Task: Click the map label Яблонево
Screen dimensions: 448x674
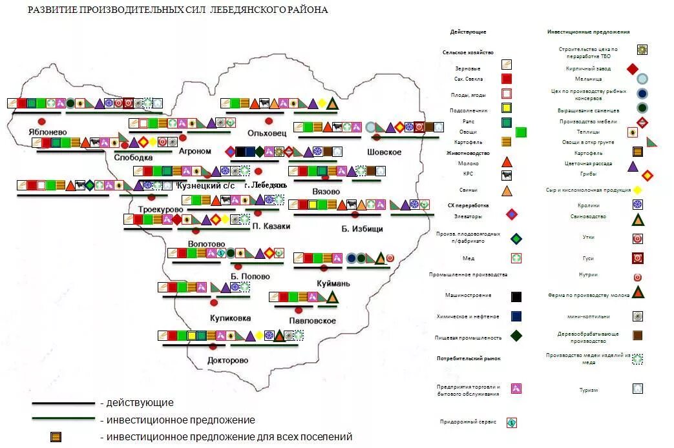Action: click(x=48, y=132)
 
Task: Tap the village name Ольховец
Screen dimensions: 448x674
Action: click(x=266, y=132)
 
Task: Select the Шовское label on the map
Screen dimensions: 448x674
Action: click(x=384, y=152)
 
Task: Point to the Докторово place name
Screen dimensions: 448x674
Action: click(x=227, y=360)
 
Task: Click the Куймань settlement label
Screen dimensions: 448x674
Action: click(x=333, y=283)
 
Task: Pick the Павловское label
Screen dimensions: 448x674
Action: click(x=313, y=320)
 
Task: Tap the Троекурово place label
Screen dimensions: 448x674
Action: click(x=160, y=210)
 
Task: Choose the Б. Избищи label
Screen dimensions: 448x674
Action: click(x=363, y=229)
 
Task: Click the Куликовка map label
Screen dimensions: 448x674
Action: click(x=230, y=318)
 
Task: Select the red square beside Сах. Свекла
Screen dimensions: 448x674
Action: click(x=507, y=79)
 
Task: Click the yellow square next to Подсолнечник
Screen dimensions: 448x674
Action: click(x=507, y=108)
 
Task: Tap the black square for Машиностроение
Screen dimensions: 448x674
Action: click(x=516, y=297)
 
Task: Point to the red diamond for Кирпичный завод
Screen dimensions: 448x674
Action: click(x=633, y=68)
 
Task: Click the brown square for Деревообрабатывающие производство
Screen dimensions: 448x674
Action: click(x=638, y=335)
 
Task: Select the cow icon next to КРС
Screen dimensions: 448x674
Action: click(x=507, y=174)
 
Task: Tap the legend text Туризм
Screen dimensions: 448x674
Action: click(x=588, y=390)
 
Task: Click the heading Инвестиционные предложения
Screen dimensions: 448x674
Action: click(x=588, y=32)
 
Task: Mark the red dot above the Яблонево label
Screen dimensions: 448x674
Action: click(x=42, y=121)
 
